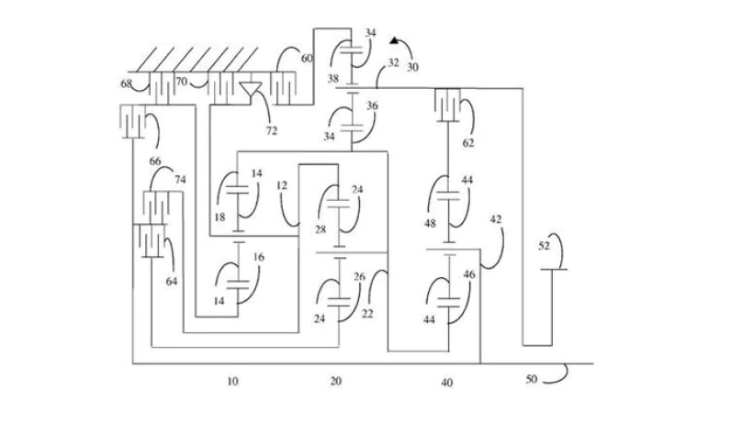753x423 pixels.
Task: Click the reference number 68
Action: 126,83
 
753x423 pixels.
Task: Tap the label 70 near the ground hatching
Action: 181,82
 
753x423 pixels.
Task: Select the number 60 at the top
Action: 307,58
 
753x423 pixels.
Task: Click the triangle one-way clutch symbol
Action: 250,89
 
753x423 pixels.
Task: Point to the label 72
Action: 271,130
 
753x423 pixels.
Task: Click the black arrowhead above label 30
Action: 395,40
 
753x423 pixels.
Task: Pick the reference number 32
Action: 393,62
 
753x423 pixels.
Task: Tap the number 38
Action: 332,78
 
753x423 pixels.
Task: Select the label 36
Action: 372,106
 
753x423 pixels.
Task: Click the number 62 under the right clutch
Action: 467,143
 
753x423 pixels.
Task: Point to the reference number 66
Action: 154,161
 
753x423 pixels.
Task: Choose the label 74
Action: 180,179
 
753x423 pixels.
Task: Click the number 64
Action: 172,281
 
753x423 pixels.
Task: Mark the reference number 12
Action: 282,185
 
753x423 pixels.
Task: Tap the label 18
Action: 219,217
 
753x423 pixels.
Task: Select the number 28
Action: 320,229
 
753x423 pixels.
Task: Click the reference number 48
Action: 430,223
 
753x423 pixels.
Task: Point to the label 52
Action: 544,246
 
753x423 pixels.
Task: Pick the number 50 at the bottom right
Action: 531,379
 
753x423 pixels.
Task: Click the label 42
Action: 496,219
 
